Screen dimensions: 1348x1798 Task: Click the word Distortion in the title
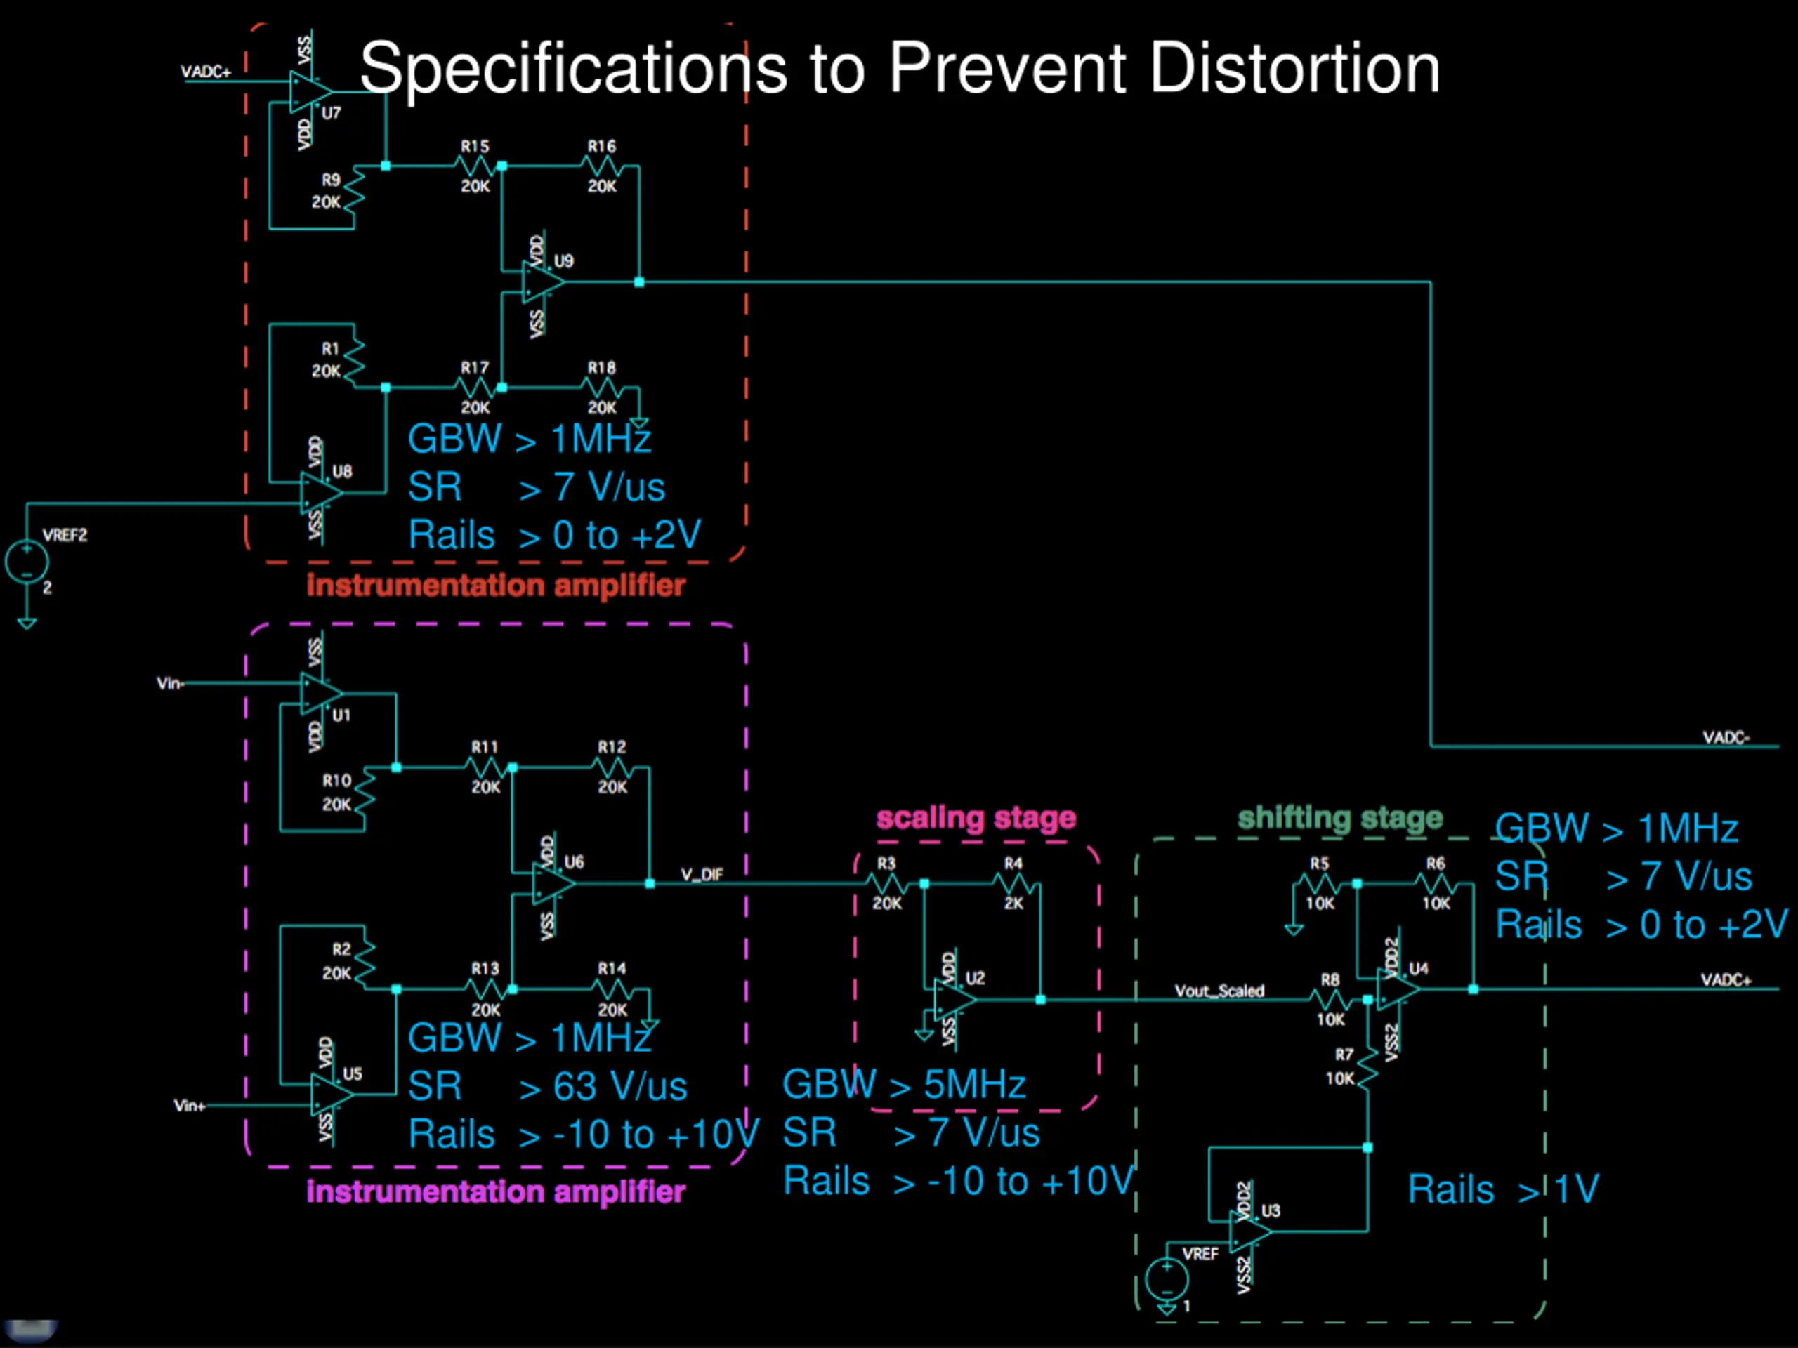click(1294, 68)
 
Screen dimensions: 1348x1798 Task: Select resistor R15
click(475, 166)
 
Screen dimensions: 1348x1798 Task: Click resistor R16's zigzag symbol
click(601, 166)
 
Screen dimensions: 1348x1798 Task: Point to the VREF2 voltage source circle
click(27, 562)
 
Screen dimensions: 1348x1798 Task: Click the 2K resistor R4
click(1013, 883)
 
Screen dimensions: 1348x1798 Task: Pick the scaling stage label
click(976, 817)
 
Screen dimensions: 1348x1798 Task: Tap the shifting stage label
click(1339, 817)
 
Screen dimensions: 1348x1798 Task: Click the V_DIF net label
click(702, 874)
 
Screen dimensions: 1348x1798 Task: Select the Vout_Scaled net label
click(1219, 991)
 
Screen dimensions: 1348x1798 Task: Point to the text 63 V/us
click(620, 1086)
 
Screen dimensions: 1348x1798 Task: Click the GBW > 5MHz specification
click(904, 1085)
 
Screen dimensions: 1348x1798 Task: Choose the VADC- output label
click(1726, 737)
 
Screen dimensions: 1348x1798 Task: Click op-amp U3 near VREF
click(1249, 1232)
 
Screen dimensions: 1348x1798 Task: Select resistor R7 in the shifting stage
click(1367, 1068)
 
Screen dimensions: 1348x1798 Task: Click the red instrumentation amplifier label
click(496, 585)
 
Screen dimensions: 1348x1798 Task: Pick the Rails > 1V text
click(1502, 1189)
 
